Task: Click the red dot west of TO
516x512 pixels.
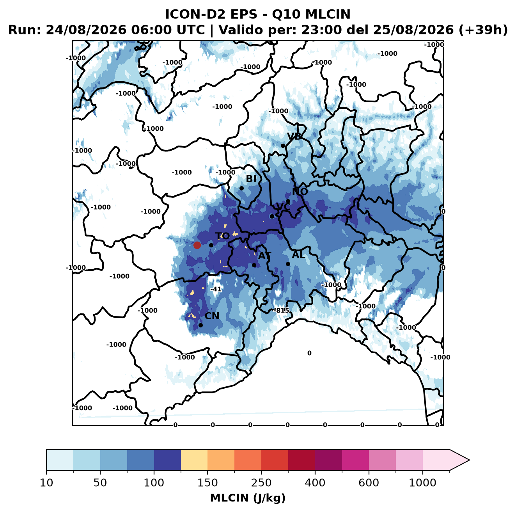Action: [197, 245]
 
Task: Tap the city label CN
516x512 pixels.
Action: [212, 316]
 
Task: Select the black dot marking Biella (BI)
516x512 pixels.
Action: [241, 188]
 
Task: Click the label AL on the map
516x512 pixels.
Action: [299, 254]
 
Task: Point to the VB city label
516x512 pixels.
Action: [294, 136]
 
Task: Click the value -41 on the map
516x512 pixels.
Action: [216, 289]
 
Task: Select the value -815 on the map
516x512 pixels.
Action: [281, 310]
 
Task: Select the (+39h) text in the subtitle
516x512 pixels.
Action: [483, 30]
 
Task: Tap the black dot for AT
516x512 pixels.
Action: [254, 265]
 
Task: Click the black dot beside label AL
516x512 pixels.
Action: [288, 264]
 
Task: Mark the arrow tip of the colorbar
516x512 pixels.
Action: [469, 460]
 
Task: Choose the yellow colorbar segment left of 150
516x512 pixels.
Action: [194, 460]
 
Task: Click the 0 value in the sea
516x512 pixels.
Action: [309, 353]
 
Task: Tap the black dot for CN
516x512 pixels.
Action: [200, 325]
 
